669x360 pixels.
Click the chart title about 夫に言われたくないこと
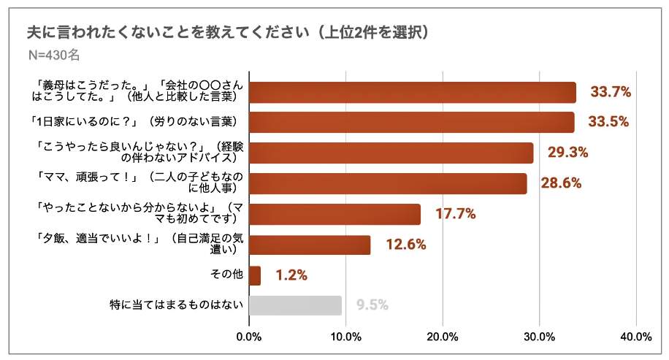pos(226,32)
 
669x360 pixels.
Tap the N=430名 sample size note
pos(53,55)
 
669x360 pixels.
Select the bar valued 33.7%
pos(413,92)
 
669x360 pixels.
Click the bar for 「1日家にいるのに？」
pos(411,122)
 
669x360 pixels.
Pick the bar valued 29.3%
pos(391,153)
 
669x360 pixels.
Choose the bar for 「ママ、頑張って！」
pos(388,183)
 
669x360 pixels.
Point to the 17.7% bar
pos(335,214)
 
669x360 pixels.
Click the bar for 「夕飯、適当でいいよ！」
pos(310,245)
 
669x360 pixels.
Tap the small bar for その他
pos(255,275)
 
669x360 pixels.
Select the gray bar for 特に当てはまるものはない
pos(295,305)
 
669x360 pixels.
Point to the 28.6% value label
pos(561,183)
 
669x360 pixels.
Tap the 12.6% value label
pos(405,245)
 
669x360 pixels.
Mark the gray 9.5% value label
pos(372,305)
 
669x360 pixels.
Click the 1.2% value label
pos(291,275)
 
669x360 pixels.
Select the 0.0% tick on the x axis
pos(249,337)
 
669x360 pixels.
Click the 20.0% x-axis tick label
pos(443,337)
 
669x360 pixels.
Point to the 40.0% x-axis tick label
pos(635,337)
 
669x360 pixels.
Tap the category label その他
pos(226,275)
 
